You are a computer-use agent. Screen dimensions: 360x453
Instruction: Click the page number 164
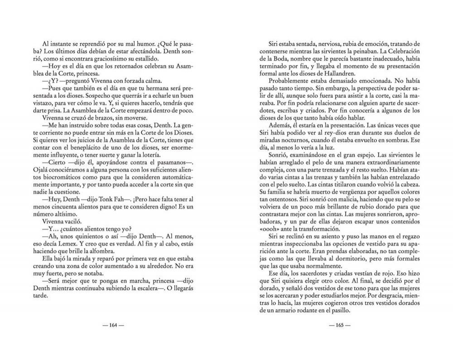tap(113, 325)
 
